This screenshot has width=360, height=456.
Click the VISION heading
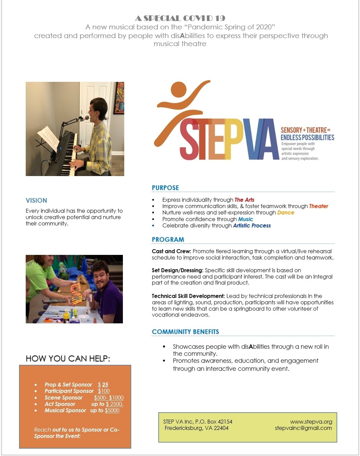coord(36,200)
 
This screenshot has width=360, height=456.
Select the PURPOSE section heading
coord(165,188)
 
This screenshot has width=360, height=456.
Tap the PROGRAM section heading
coord(168,240)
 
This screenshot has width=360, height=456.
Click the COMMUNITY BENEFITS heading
coord(185,332)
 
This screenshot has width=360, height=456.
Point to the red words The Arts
coord(244,200)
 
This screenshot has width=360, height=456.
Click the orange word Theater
coord(318,206)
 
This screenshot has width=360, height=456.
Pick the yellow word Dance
coord(286,212)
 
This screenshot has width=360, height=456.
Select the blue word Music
coord(245,219)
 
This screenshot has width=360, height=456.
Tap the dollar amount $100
coord(104,391)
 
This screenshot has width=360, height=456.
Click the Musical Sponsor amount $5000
coord(112,410)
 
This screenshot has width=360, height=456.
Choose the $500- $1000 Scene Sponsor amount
coord(109,398)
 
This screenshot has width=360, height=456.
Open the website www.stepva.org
coord(311,422)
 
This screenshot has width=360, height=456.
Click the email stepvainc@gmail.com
coord(303,428)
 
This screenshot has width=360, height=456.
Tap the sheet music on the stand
coord(49,139)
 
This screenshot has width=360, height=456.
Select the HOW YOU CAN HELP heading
coord(68,358)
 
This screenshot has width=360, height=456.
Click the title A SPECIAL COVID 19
coord(180,18)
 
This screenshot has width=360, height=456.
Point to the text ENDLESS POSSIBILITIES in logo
coord(307,137)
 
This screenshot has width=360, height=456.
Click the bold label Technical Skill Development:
coord(188,296)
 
